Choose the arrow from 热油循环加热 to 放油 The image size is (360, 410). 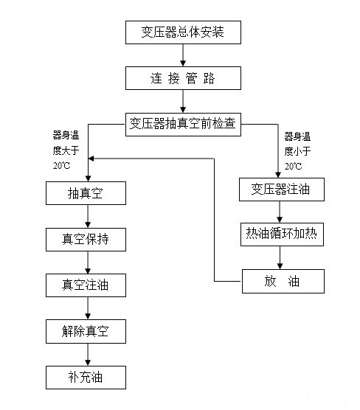click(279, 258)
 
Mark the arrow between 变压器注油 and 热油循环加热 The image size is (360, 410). click(279, 212)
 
